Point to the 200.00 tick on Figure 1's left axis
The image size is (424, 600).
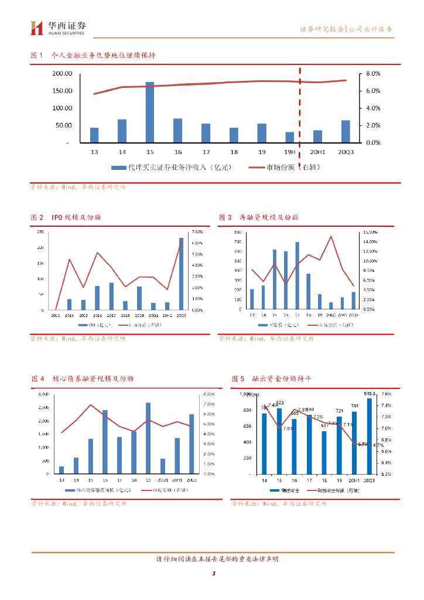point(61,74)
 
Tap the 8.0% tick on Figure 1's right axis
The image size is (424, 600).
point(373,74)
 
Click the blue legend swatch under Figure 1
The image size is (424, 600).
point(119,167)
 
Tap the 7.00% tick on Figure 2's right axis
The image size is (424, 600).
point(197,231)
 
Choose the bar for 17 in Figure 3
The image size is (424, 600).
point(298,275)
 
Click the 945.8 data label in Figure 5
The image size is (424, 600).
point(370,394)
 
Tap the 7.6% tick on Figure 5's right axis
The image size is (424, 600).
point(386,394)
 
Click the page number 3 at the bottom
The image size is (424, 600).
point(214,573)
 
